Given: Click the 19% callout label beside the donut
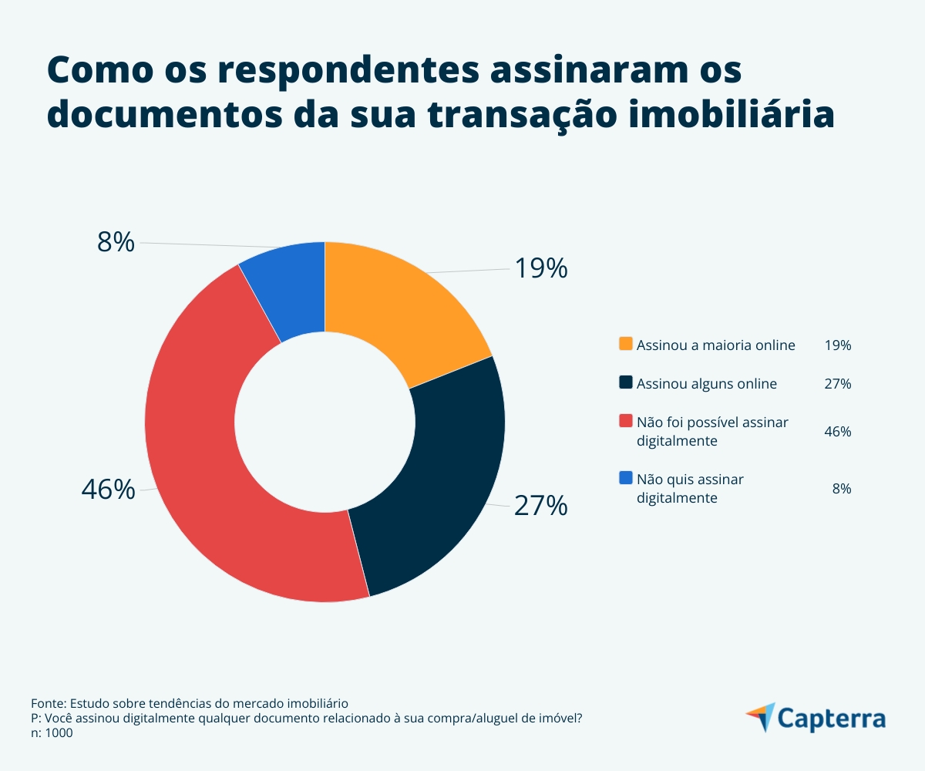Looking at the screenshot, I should [x=540, y=268].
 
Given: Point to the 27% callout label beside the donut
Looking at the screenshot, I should [x=540, y=506].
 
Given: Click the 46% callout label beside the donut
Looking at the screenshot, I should [x=108, y=490].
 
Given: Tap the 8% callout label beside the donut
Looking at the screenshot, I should [x=116, y=242].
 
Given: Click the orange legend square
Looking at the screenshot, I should [x=626, y=344].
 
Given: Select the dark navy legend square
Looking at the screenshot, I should [x=626, y=382].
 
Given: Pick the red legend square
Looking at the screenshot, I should [x=626, y=421].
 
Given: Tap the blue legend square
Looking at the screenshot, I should [x=626, y=478].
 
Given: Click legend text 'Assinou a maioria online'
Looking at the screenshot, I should [x=715, y=345].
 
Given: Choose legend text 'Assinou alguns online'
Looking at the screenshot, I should [x=706, y=384].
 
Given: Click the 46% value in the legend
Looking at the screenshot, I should [x=837, y=432].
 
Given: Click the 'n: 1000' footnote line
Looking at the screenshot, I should [x=52, y=734].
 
